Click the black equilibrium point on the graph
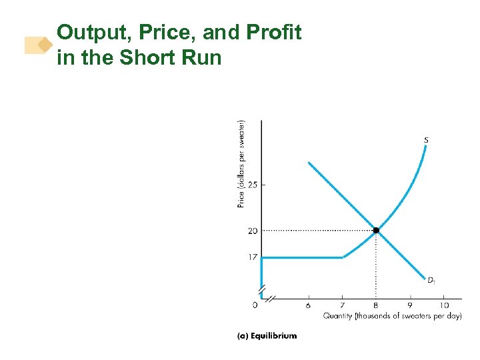(x=376, y=230)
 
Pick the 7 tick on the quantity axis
(x=343, y=305)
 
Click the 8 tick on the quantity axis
(x=376, y=305)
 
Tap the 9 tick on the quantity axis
(x=410, y=305)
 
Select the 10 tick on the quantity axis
(x=444, y=305)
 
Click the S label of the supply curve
(x=425, y=140)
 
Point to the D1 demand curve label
(x=431, y=279)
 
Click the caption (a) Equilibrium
(x=267, y=335)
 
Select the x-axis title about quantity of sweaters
(x=393, y=316)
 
